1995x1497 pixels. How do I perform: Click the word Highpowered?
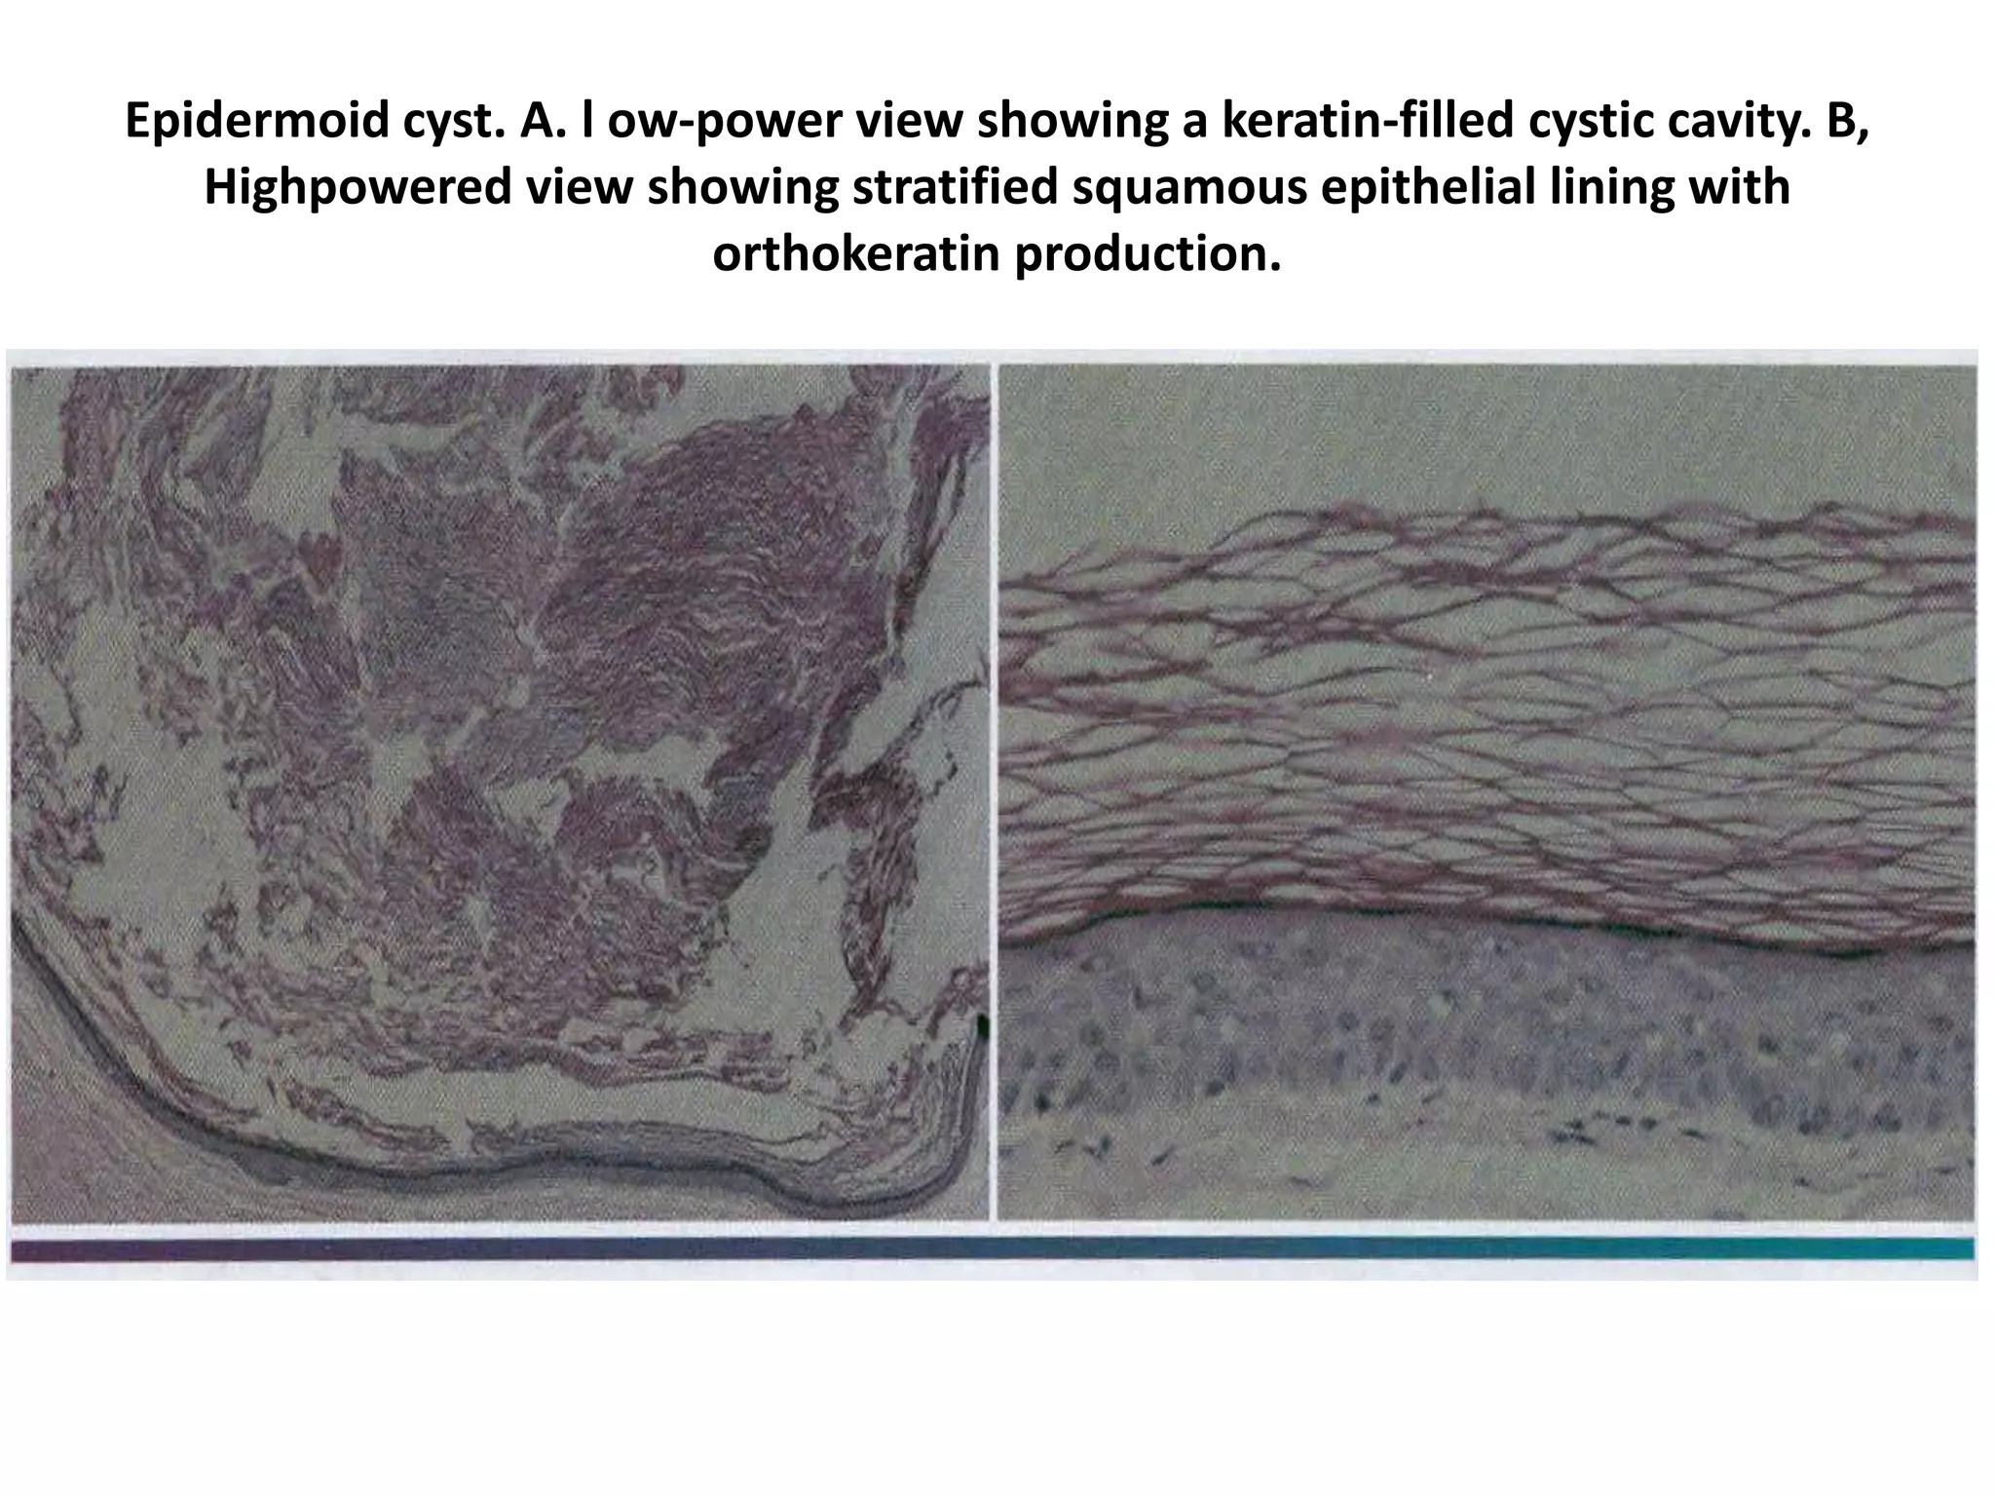click(357, 187)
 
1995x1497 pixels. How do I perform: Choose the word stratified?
click(956, 187)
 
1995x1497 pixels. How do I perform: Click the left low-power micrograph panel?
click(499, 789)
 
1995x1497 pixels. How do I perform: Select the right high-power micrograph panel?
click(1487, 789)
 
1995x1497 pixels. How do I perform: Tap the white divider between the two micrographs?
click(993, 789)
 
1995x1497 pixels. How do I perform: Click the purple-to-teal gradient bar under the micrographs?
click(992, 1248)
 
